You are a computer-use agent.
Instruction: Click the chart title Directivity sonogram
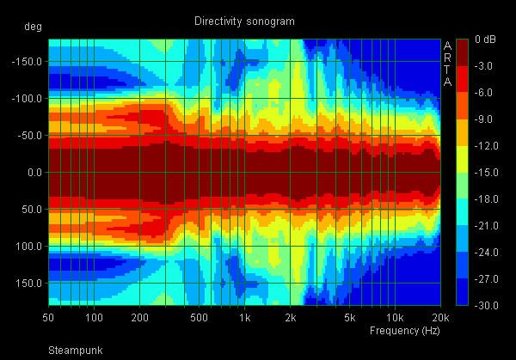click(x=244, y=21)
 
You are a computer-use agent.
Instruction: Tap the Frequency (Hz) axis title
click(x=404, y=330)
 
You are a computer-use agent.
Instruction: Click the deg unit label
click(x=34, y=26)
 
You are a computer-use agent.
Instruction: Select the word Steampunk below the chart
click(x=74, y=351)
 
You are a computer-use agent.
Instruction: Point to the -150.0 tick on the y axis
click(x=28, y=61)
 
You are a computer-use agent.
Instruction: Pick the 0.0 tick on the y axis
click(x=35, y=173)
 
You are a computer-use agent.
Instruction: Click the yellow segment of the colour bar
click(x=462, y=159)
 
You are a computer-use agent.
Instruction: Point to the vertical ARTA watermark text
click(x=447, y=64)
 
